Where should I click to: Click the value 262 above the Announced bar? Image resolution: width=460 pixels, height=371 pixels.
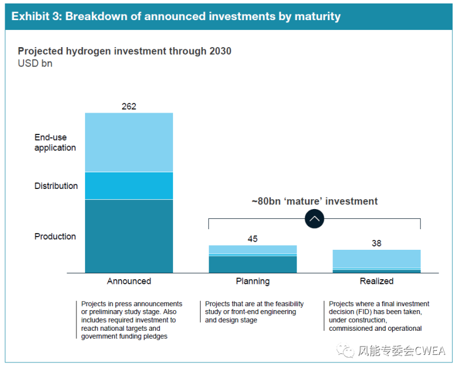[129, 106]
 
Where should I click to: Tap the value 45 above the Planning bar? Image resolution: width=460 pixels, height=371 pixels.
[252, 239]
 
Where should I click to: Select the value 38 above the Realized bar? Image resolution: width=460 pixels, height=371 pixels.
[377, 244]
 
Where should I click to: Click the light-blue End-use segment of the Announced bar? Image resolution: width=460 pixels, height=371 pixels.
[129, 142]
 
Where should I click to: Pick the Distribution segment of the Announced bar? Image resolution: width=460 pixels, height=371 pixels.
[129, 185]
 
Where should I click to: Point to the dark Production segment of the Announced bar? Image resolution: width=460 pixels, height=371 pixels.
[129, 235]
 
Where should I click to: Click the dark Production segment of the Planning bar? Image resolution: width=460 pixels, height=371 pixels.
[252, 264]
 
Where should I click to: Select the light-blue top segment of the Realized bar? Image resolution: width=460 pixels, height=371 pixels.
[377, 258]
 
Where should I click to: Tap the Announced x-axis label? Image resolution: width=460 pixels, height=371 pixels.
[129, 281]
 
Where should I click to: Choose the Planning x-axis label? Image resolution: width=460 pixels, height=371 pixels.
[252, 281]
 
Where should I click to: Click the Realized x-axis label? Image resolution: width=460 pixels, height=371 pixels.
[377, 281]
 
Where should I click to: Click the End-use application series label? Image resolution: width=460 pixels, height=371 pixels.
[55, 142]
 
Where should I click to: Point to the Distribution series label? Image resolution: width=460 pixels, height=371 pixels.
[56, 186]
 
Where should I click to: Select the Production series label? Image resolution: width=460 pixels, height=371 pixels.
[55, 237]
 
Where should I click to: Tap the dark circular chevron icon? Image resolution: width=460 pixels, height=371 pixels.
[315, 219]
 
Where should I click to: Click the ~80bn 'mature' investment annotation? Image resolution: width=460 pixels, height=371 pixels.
[315, 202]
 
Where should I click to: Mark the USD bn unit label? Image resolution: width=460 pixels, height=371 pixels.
[35, 64]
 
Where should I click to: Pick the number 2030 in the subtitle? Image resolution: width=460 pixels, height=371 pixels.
[220, 51]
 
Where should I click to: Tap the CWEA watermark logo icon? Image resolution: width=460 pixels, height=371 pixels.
[347, 351]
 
